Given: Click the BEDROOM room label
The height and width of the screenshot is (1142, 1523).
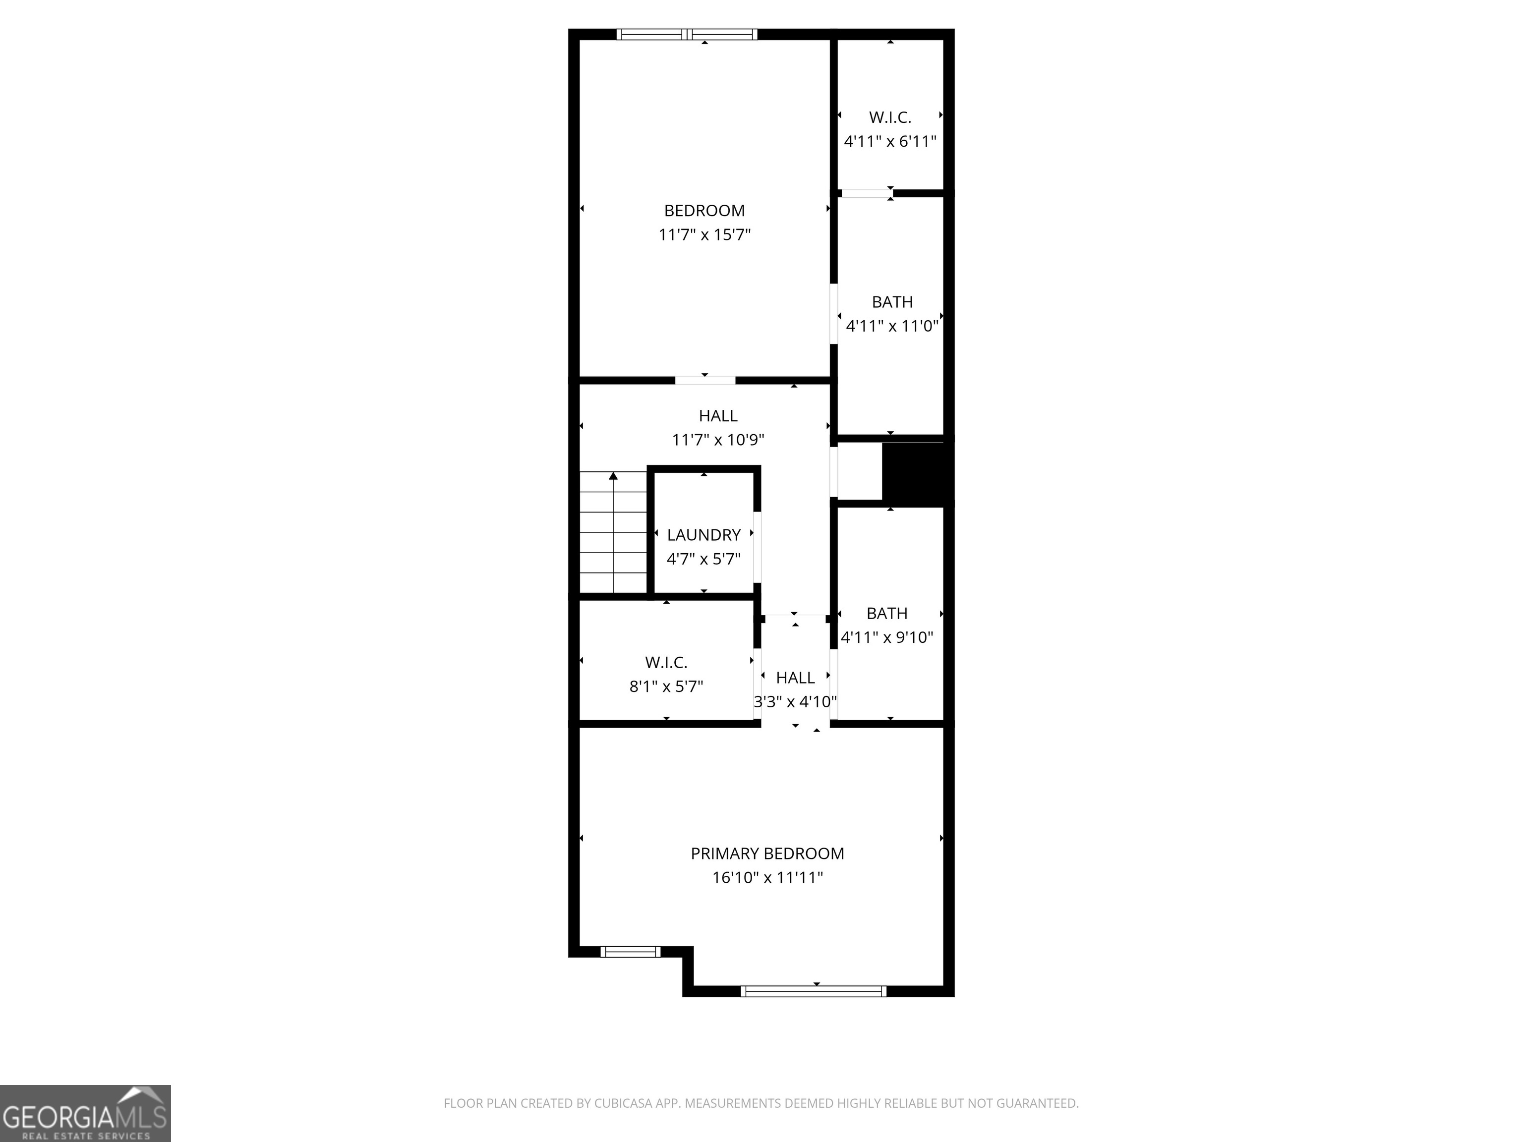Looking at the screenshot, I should [x=703, y=211].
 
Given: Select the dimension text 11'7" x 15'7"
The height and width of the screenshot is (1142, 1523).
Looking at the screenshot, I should [x=703, y=235].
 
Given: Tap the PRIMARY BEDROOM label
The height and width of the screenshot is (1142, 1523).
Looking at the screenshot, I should [x=767, y=854].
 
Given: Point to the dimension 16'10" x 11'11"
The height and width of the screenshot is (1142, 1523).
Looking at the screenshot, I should [x=767, y=878].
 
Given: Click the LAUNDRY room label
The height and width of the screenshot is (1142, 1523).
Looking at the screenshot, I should [x=703, y=535].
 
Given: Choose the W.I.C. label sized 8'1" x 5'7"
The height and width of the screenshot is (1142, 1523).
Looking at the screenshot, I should [x=666, y=662].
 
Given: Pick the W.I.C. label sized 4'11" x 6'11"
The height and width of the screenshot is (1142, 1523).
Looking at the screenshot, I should [x=889, y=117].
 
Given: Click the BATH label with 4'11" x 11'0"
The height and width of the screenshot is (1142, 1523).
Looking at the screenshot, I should [x=891, y=302].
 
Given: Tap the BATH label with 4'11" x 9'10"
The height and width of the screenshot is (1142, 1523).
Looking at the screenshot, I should [x=887, y=613].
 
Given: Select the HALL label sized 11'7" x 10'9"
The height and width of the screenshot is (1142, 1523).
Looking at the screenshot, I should [x=717, y=416].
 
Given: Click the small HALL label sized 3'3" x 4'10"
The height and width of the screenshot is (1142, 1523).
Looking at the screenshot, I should [x=795, y=678].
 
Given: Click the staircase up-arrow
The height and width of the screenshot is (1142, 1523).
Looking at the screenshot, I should [x=613, y=476].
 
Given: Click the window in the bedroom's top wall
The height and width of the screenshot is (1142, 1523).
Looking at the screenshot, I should [x=687, y=34].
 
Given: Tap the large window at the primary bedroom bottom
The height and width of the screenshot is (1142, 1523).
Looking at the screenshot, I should [x=813, y=991].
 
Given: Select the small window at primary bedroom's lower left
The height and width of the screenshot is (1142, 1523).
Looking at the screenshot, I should [x=630, y=952].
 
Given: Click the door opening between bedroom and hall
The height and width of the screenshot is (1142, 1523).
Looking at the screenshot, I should [x=705, y=380].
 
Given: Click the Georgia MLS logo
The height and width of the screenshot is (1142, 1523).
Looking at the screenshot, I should [x=85, y=1114].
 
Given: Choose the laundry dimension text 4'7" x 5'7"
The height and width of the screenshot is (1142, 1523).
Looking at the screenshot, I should [x=703, y=559].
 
